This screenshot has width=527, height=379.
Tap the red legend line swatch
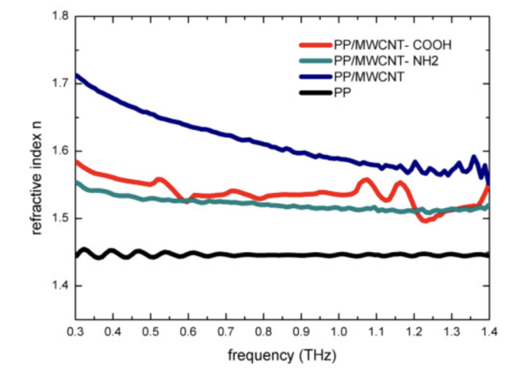click(x=315, y=46)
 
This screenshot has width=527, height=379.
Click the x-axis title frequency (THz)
click(x=283, y=356)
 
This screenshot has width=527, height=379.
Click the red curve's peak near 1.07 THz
click(x=365, y=181)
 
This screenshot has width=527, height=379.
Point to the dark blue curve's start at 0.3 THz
click(x=77, y=75)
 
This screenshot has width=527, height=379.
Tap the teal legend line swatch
click(x=315, y=60)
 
